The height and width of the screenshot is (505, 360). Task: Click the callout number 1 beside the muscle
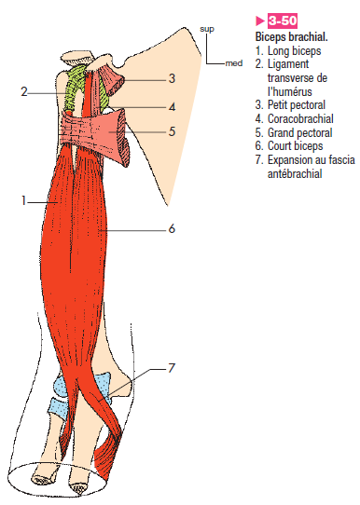click(23, 201)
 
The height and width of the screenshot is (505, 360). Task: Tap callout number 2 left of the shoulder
click(24, 92)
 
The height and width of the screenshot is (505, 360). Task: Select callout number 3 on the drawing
click(173, 78)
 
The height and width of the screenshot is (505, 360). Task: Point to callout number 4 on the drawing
click(173, 106)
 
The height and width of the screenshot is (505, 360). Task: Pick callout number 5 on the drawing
click(173, 131)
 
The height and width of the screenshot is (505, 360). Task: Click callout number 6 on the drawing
click(172, 228)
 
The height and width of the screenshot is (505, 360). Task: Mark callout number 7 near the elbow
click(172, 367)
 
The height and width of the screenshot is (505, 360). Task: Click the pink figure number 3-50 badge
click(283, 20)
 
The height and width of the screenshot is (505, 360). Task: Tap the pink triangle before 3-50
click(260, 20)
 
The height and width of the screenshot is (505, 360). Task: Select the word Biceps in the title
click(270, 37)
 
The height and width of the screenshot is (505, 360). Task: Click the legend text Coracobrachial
click(300, 119)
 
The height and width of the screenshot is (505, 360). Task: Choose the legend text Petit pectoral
click(297, 105)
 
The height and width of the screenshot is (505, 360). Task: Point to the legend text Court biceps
click(296, 146)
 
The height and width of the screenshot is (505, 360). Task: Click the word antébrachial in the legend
click(295, 173)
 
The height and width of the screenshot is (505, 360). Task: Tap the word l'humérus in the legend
click(290, 91)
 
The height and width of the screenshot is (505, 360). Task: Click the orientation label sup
click(207, 29)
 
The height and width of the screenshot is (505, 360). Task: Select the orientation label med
click(234, 63)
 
